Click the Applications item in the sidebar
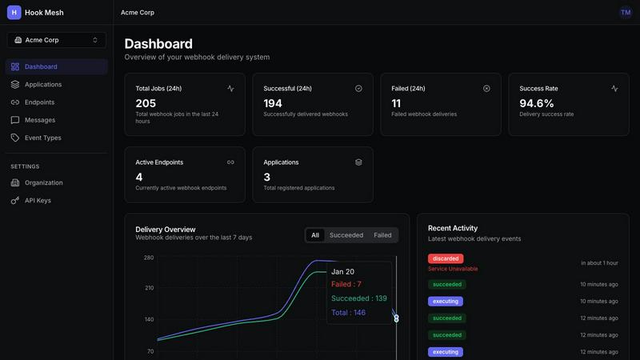42,85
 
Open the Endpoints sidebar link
39,102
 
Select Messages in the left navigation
39,120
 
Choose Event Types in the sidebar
42,138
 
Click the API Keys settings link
37,200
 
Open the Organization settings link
43,182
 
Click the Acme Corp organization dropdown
56,40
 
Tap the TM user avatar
626,12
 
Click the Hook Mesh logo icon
14,12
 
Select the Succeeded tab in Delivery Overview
346,235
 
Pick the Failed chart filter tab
382,235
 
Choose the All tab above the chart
315,235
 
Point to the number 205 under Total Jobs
146,103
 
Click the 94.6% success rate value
537,103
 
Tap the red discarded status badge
446,258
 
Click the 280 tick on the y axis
149,258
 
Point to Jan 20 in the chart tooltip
342,272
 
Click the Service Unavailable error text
453,269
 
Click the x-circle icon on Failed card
486,89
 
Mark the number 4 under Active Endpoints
139,177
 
